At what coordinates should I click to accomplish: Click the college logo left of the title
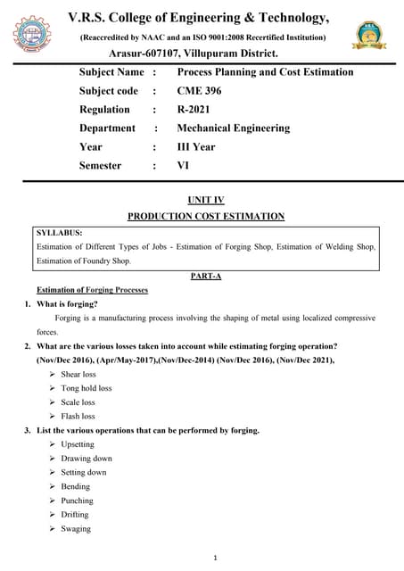pos(32,37)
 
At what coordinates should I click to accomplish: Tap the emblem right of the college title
pos(371,37)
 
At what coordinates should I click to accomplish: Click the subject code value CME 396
pos(199,91)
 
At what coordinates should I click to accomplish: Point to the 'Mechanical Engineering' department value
pos(234,128)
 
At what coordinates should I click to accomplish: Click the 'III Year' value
pos(196,147)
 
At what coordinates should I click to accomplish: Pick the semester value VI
pos(184,166)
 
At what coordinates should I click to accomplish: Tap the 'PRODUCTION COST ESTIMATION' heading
pos(206,217)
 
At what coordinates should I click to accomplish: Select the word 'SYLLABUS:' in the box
pos(60,233)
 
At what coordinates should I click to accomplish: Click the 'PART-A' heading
pos(206,277)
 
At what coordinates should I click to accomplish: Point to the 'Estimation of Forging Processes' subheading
pos(92,291)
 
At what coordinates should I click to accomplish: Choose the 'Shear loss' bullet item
pos(78,375)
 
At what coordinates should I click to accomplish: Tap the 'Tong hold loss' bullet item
pos(87,388)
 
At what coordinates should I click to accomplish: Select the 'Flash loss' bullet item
pos(78,417)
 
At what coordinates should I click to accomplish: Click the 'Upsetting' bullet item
pos(78,444)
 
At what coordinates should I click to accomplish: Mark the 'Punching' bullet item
pos(77,501)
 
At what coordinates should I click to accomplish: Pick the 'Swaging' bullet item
pos(76,529)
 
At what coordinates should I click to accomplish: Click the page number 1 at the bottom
pos(203,559)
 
